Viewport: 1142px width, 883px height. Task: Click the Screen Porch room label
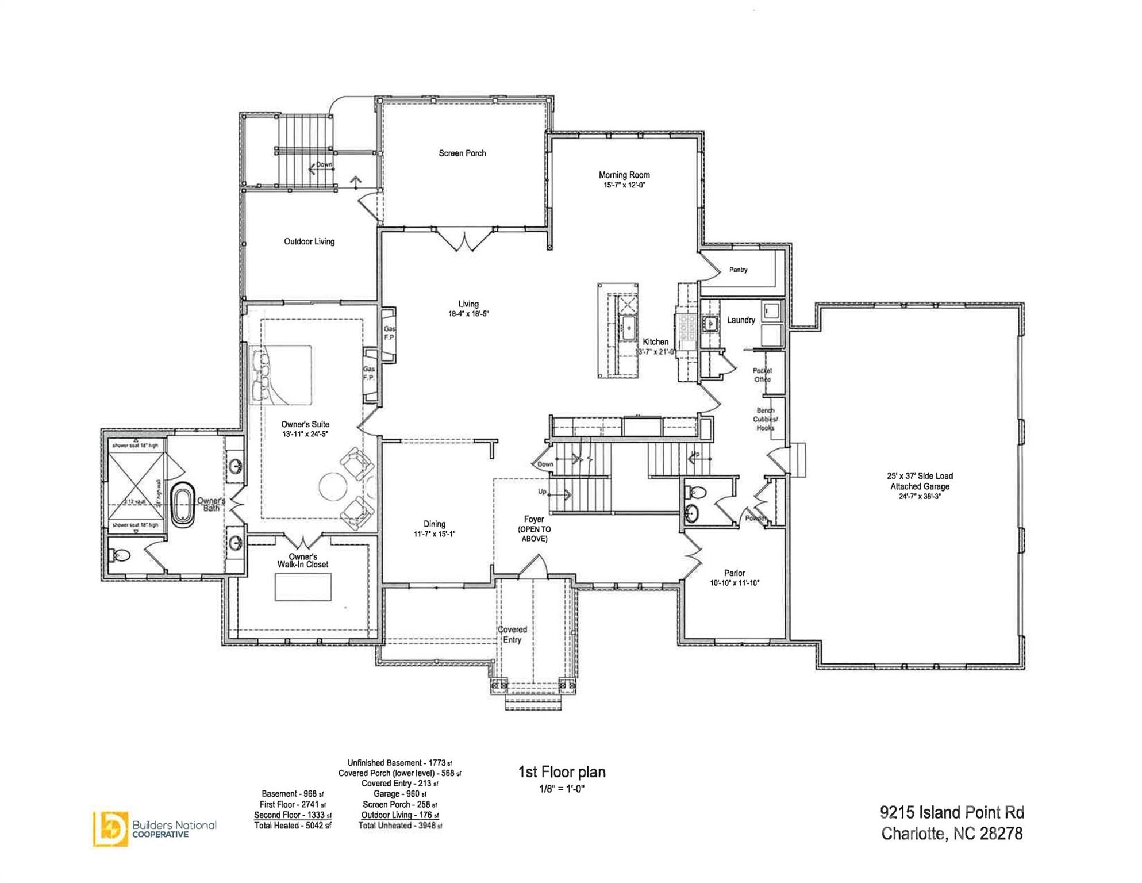coord(462,153)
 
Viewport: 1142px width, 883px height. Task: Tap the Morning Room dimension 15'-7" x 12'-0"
coord(624,186)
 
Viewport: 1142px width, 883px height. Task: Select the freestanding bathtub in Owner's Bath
coord(183,505)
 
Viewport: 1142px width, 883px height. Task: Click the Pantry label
coord(738,270)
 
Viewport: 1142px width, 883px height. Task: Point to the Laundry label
coord(741,320)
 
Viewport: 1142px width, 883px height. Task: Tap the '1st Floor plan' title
coord(562,772)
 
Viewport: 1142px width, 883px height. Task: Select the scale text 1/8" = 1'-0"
coord(561,789)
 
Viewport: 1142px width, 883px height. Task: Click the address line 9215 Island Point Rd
coord(952,812)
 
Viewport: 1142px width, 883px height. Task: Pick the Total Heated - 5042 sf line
coord(293,826)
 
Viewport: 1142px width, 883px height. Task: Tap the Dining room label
coord(435,524)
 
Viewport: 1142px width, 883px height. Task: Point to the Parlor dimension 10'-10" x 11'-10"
coord(735,583)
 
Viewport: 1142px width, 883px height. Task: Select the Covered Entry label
coord(512,635)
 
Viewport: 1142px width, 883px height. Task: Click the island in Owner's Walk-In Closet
coord(303,588)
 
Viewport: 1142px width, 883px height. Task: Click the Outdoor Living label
coord(309,241)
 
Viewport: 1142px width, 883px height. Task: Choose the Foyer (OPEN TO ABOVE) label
coord(534,529)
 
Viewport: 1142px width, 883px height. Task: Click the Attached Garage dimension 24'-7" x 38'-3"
coord(920,497)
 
